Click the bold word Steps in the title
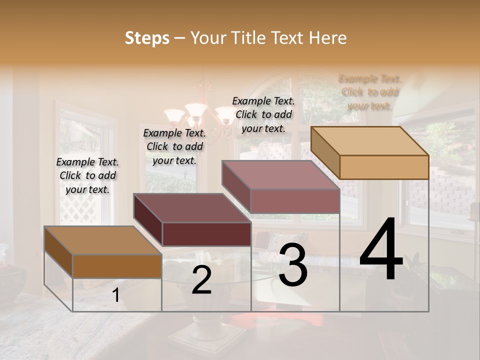(147, 38)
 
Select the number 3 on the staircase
(293, 265)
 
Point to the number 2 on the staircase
(201, 280)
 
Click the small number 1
(115, 295)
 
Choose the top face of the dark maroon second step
(192, 207)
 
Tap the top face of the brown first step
(103, 240)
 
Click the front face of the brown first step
(117, 266)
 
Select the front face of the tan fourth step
(384, 167)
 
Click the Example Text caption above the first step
(87, 175)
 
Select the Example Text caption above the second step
(174, 146)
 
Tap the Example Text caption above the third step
(263, 114)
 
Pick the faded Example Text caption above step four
(370, 92)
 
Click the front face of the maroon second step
(206, 234)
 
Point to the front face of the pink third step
(295, 201)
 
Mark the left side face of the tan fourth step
(325, 152)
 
